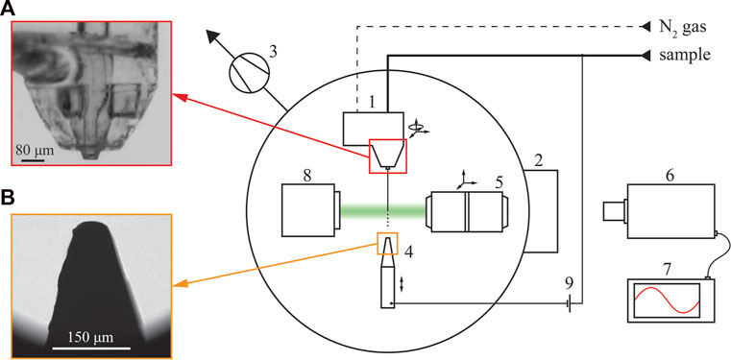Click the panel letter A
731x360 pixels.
[x=9, y=8]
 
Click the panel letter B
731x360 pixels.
[x=8, y=199]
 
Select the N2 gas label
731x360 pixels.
[x=683, y=27]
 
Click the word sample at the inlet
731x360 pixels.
[x=684, y=56]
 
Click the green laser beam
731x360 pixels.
[x=382, y=212]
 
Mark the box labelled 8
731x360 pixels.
[x=307, y=209]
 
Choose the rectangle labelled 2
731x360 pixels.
[x=541, y=211]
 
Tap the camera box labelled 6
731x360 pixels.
[x=670, y=211]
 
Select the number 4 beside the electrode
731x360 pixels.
[x=408, y=252]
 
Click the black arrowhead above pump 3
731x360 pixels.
[x=213, y=36]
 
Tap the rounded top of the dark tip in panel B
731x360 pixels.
[x=90, y=225]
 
